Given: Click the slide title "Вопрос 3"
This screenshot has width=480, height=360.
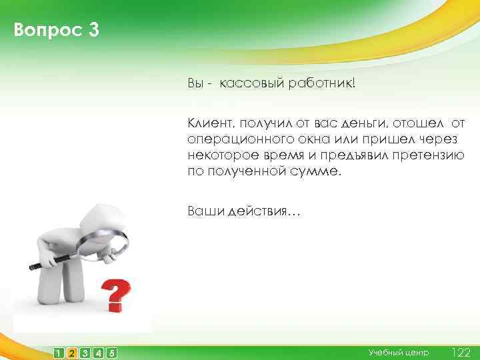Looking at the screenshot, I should tap(56, 31).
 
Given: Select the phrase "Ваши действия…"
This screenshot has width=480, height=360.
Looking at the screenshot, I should tap(244, 211).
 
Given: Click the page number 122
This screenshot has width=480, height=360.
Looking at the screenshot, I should tap(461, 352).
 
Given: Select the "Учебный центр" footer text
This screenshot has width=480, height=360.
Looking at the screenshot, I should tap(399, 352).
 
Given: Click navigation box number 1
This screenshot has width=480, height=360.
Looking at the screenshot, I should tap(59, 353).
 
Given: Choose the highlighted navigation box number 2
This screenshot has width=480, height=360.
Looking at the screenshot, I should tap(72, 353).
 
